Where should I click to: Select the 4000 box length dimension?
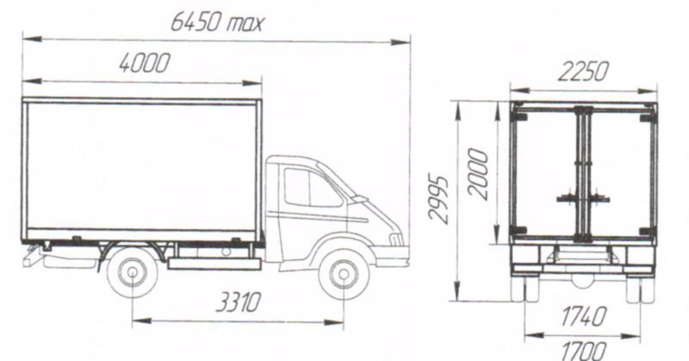tap(145, 63)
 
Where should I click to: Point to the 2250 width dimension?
tap(583, 72)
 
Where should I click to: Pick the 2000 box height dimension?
tap(478, 174)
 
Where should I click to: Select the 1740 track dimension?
tap(583, 316)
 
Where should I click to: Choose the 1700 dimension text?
tap(583, 351)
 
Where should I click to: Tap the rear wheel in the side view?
tap(132, 272)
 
